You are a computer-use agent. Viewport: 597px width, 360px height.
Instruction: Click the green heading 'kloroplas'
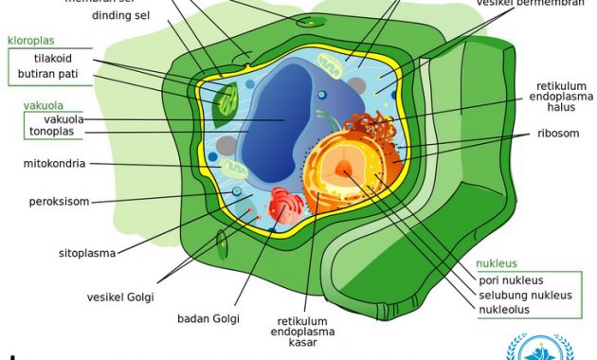[31, 42]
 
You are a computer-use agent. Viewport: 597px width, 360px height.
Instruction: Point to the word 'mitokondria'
[55, 163]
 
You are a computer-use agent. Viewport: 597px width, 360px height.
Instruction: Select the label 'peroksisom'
[57, 201]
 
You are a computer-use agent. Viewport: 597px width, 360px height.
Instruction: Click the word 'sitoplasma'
[87, 254]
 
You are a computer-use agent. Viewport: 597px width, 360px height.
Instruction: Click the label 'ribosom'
[557, 134]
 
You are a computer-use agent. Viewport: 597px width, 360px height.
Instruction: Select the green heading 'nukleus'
[497, 263]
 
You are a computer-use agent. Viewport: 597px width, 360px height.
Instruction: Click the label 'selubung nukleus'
[525, 295]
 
